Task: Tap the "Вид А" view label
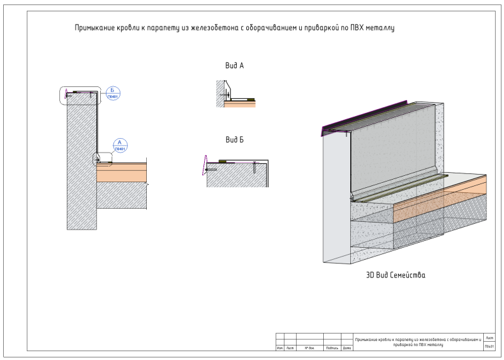234,66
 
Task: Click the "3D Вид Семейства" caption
395,275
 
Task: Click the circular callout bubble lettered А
120,145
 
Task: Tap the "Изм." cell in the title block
280,347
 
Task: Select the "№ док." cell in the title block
309,347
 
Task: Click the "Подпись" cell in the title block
331,347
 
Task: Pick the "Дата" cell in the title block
346,347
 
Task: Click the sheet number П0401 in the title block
490,347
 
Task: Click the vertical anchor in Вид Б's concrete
254,168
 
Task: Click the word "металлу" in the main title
380,28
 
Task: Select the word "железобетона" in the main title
200,28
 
